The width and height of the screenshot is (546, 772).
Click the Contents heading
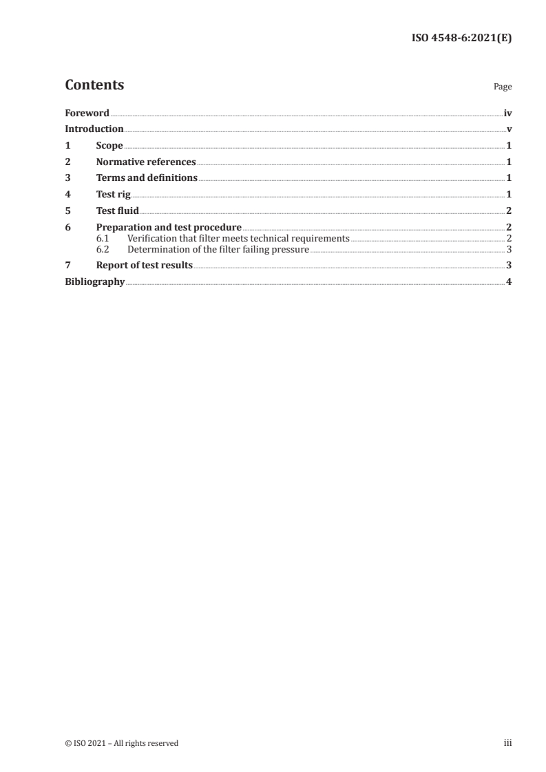(94, 85)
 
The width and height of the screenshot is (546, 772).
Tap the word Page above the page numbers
(503, 87)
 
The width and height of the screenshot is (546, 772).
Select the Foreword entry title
(87, 113)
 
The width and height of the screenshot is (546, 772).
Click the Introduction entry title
(94, 129)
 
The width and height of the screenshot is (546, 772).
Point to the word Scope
(109, 146)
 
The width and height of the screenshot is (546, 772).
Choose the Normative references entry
(146, 162)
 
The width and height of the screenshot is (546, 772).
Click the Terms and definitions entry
(147, 178)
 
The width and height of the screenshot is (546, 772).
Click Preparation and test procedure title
(169, 227)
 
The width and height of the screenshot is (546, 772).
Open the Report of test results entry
(145, 265)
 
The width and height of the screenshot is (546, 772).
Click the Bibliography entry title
(94, 281)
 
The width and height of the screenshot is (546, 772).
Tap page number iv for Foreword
(507, 113)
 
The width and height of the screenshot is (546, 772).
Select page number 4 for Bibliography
(509, 281)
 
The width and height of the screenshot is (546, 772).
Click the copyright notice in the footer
(121, 743)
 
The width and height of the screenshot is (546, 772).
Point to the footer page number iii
(508, 743)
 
